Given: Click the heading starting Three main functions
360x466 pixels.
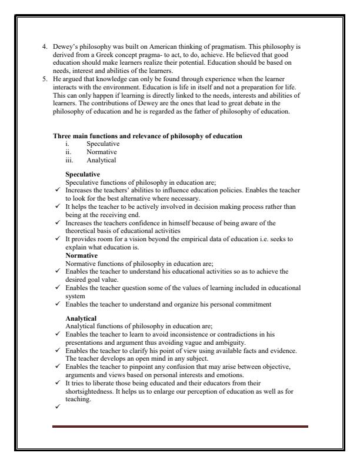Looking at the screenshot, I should (x=147, y=136).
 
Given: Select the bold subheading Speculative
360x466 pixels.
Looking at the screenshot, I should (x=83, y=174).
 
